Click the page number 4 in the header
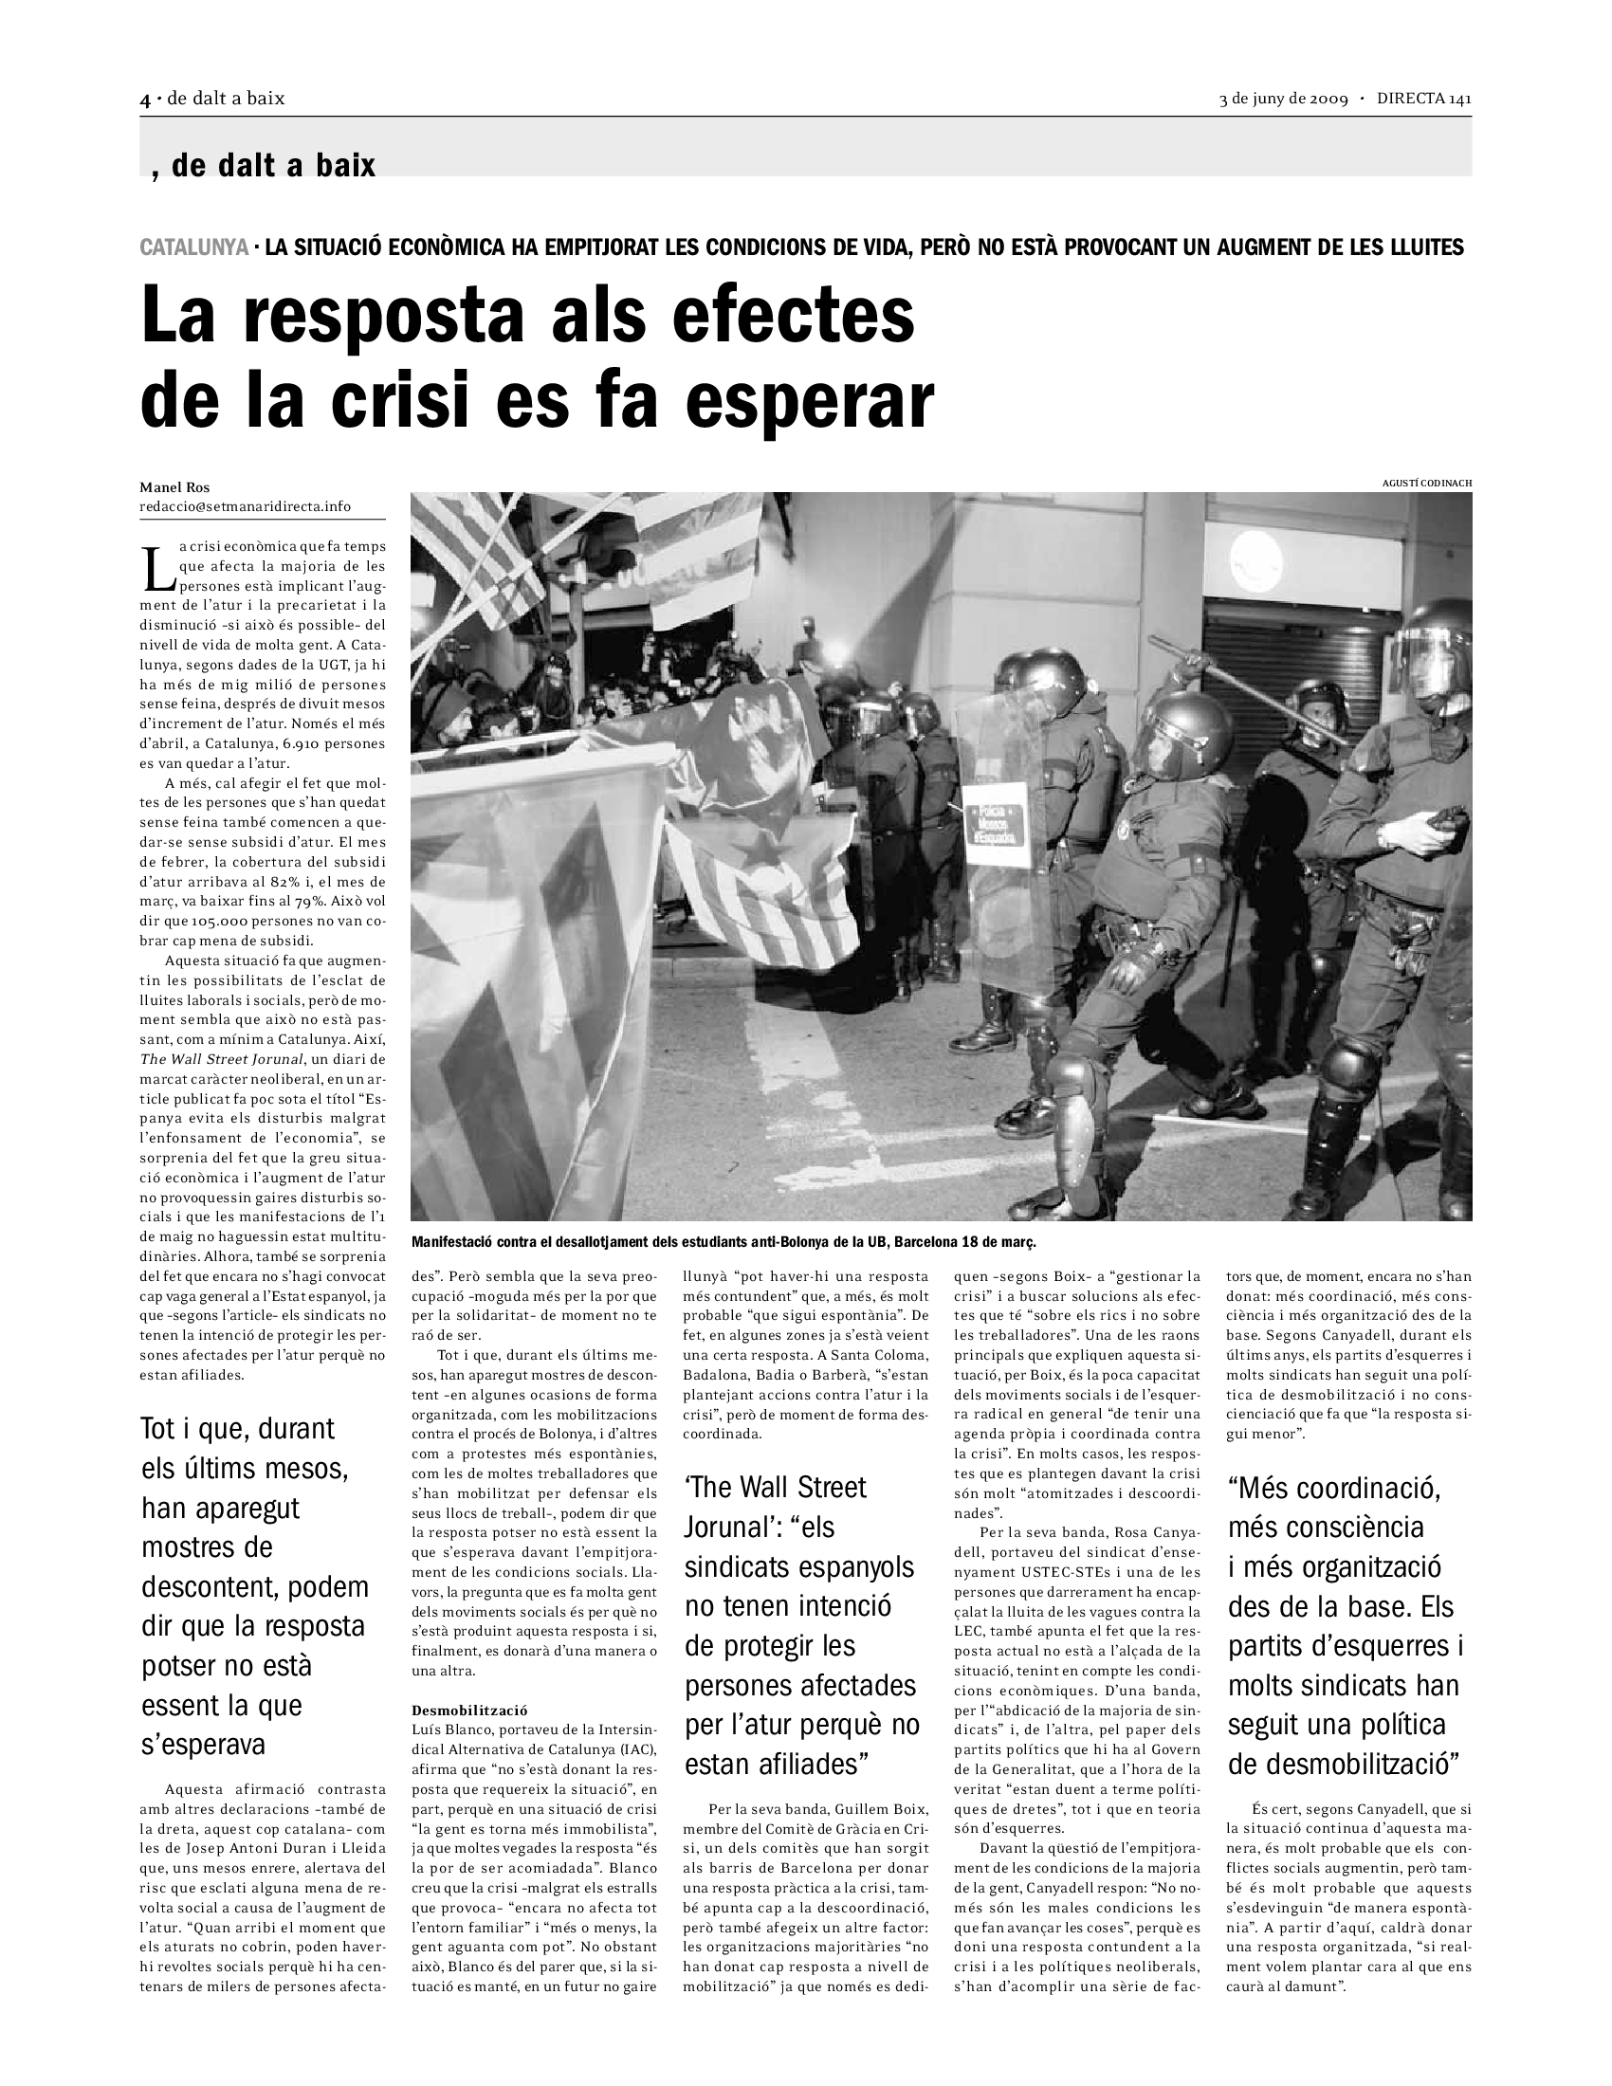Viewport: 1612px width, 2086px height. (x=145, y=100)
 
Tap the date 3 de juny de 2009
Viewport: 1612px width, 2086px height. (x=1283, y=100)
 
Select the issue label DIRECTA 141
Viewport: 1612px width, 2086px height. (x=1423, y=100)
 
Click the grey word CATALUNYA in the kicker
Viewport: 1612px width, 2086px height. (x=193, y=247)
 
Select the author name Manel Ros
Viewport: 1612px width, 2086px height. (x=174, y=488)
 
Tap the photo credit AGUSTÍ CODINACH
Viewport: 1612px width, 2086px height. (x=1427, y=484)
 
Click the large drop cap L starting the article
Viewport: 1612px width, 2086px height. (x=156, y=567)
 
